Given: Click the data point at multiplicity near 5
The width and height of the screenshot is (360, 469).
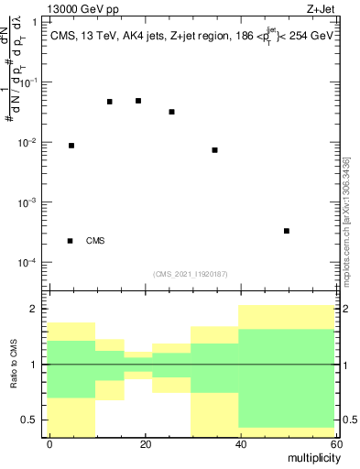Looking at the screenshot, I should [x=71, y=146].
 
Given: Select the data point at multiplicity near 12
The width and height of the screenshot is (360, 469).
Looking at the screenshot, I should [x=110, y=102].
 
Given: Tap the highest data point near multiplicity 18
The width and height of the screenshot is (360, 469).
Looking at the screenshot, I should [x=138, y=101].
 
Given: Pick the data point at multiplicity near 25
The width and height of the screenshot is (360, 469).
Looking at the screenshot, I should [x=171, y=112].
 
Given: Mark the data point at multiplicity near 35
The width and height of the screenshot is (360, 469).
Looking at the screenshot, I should [x=214, y=150].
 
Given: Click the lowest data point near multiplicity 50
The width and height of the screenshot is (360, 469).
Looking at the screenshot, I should [x=287, y=231].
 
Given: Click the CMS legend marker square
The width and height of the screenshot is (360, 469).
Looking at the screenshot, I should [x=71, y=241].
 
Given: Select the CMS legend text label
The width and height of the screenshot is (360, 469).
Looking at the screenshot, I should [x=95, y=241].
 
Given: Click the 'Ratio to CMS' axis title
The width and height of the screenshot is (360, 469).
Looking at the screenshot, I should [x=14, y=365].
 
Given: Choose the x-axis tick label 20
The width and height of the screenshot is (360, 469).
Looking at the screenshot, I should [x=143, y=443].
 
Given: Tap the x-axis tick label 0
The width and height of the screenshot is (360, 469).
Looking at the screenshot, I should [x=49, y=443].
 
